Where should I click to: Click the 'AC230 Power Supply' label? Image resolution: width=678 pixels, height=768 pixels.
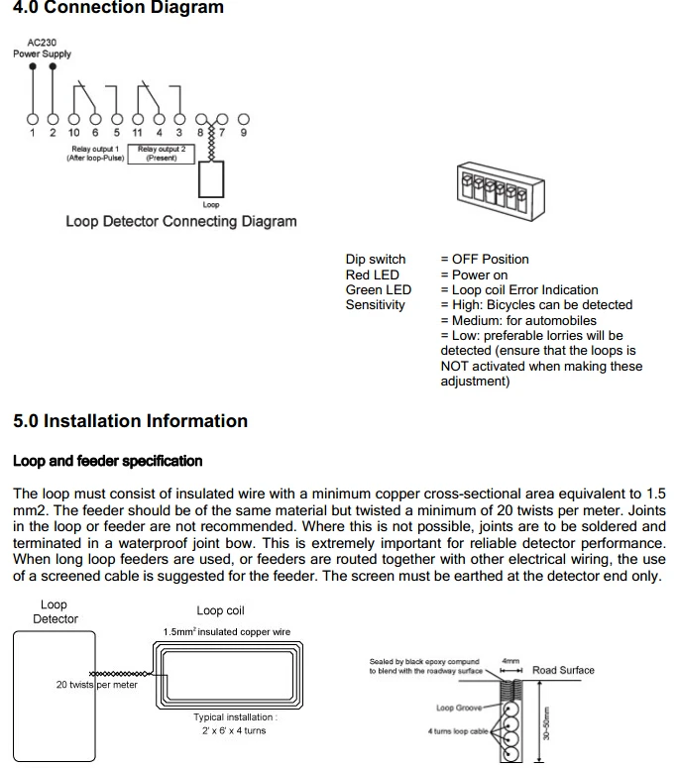(x=42, y=48)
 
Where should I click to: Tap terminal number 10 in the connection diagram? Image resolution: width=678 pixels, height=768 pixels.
(x=74, y=132)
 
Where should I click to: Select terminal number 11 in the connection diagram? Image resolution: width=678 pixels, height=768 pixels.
(x=137, y=132)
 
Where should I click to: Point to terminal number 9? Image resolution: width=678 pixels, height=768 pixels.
(x=243, y=132)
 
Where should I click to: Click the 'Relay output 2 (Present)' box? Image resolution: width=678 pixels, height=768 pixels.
(x=162, y=153)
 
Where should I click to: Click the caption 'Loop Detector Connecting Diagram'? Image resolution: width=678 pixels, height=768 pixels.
(x=180, y=221)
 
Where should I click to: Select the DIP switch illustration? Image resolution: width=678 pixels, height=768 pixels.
(x=492, y=193)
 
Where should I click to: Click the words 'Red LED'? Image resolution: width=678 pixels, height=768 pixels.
(x=372, y=274)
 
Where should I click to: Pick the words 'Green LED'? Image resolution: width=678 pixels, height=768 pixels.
(x=378, y=289)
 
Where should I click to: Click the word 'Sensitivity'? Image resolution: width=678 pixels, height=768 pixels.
(x=375, y=305)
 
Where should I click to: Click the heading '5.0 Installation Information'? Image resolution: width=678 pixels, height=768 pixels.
(x=130, y=421)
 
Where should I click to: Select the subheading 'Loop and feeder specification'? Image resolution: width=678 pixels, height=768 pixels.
(x=107, y=461)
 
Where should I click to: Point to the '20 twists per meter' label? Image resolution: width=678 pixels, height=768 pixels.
(x=97, y=685)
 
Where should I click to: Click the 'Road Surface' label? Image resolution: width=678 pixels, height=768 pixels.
(x=563, y=670)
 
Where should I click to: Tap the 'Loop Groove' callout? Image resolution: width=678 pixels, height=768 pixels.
(x=459, y=708)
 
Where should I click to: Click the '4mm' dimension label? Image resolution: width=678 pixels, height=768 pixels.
(x=510, y=660)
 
